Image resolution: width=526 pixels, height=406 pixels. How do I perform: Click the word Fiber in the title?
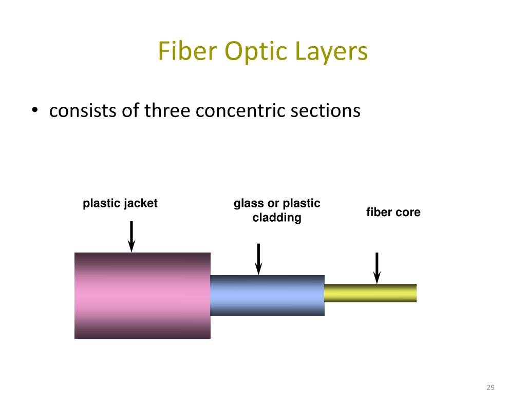187,51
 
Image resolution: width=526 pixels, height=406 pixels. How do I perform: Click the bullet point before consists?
34,110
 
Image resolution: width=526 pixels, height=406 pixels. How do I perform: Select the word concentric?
240,111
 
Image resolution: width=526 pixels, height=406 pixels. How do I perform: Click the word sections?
325,111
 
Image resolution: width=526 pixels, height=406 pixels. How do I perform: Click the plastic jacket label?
120,203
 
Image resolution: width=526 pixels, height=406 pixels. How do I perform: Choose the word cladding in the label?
277,218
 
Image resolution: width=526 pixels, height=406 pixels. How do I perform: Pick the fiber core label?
393,212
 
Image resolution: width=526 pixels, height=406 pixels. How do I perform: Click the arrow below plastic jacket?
131,236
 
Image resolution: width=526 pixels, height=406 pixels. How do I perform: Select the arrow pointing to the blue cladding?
258,259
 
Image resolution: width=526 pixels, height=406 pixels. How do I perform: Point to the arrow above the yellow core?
377,268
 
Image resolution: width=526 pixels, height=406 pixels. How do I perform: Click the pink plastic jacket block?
143,296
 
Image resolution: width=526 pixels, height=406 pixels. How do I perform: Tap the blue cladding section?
267,296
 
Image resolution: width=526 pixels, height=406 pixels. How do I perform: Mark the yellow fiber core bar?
370,293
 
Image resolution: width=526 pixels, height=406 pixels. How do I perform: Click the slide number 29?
491,388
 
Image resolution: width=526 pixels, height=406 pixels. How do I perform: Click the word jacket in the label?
141,203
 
